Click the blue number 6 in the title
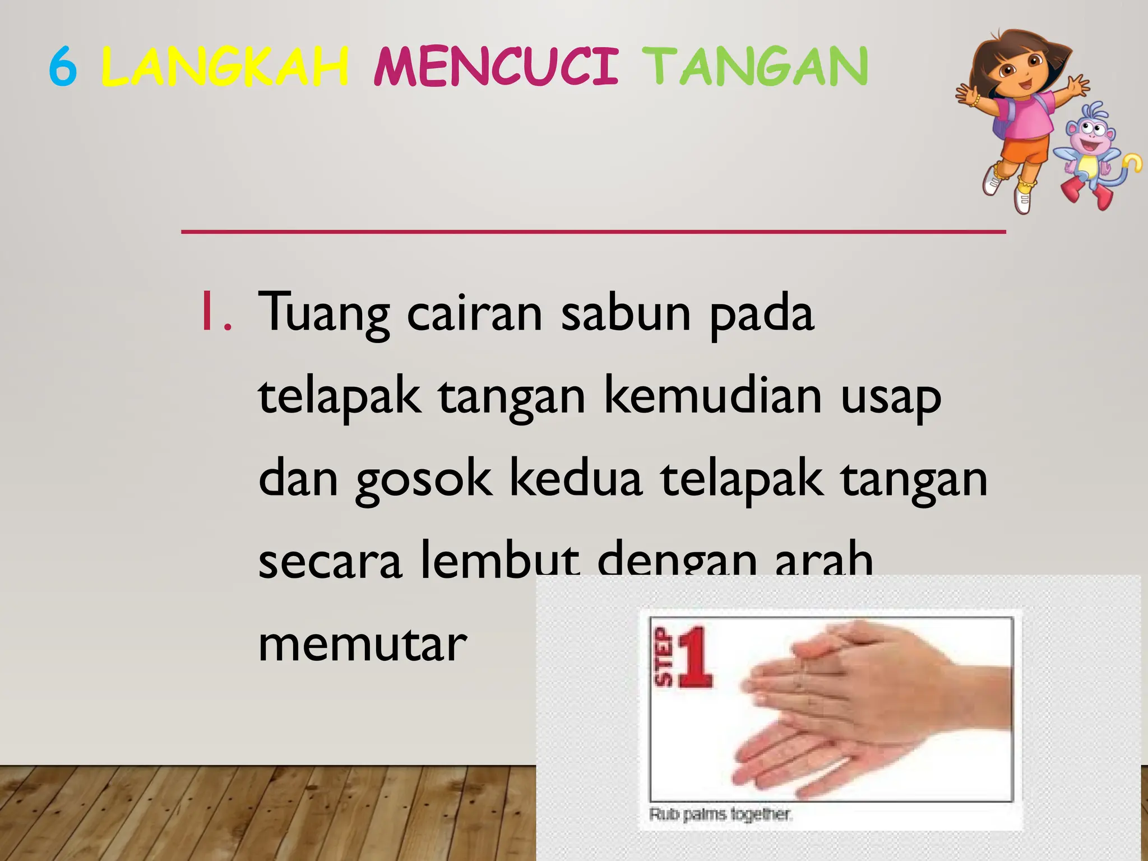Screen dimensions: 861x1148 click(63, 67)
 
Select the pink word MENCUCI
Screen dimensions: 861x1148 click(496, 67)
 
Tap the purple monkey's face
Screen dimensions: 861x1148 click(1090, 135)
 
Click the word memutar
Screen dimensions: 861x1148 click(362, 645)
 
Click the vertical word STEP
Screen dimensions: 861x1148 click(663, 657)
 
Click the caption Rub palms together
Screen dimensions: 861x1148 click(720, 814)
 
